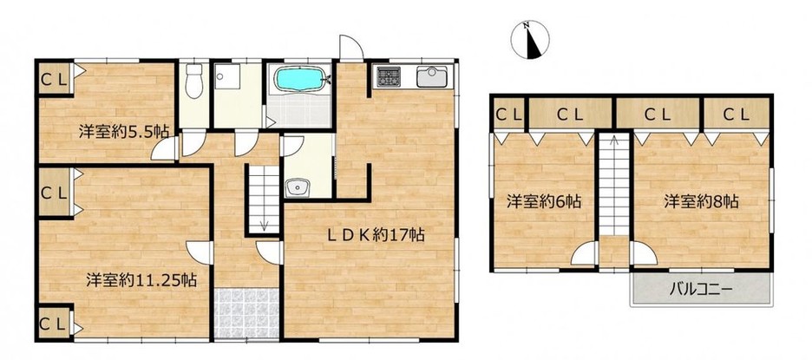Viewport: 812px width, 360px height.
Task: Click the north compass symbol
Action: coord(530,40)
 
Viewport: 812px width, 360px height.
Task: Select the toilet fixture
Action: coord(194,82)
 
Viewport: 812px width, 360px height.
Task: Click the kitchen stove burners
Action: coord(389,76)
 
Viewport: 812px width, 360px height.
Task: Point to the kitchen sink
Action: coord(432,77)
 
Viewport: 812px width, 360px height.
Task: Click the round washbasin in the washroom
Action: coord(297,187)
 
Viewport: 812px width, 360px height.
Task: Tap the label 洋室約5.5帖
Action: coord(124,132)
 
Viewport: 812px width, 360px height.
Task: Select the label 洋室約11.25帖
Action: coord(141,281)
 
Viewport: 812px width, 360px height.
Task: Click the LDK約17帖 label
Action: coord(376,236)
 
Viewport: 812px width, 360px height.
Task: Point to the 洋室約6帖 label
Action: coord(543,201)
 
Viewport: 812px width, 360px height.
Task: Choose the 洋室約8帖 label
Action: coord(702,201)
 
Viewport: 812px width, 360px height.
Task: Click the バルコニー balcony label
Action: coord(701,289)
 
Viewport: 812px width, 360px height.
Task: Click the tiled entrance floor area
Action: coord(247,314)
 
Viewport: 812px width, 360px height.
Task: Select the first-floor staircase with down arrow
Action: coord(264,199)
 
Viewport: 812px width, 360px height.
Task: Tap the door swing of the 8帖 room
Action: coord(644,254)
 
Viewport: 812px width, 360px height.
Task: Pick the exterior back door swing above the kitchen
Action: coord(351,47)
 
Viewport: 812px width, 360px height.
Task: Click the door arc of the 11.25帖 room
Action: coord(200,252)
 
